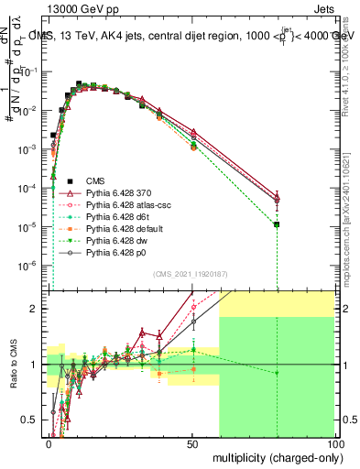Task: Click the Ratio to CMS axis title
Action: (12, 366)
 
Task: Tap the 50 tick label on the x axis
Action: (191, 442)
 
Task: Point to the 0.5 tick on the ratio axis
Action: (34, 420)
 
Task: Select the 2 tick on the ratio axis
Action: (38, 309)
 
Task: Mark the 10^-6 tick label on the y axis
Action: (31, 266)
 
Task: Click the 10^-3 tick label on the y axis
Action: (31, 149)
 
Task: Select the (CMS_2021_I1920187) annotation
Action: (191, 273)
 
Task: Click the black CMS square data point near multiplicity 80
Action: (277, 224)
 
